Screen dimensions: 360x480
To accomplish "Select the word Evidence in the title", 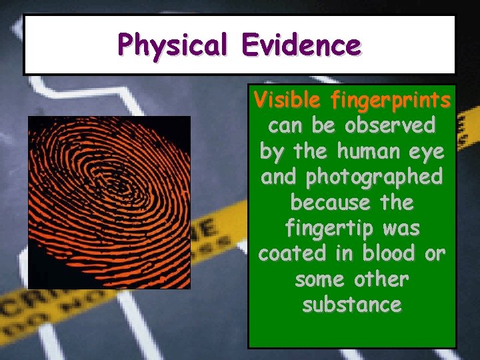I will point(301,45).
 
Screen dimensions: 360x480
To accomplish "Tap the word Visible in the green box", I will point(287,101).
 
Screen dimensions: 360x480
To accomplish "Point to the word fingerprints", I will point(389,101).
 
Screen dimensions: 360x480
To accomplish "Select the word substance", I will point(351,305).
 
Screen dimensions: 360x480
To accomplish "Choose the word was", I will point(402,229).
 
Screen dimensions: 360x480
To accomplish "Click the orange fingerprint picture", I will point(109,202).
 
